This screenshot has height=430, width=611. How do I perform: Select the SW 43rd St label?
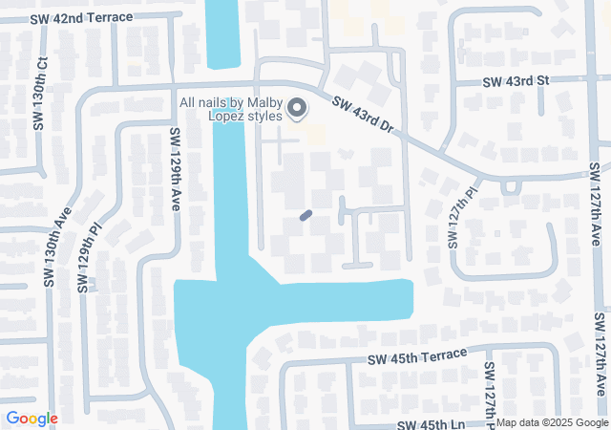point(516,82)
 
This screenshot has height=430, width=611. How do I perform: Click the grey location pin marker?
point(297,108)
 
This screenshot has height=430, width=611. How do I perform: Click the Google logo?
point(32,419)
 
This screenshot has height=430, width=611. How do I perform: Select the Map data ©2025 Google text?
point(551,422)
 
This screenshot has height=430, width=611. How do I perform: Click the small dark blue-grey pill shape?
point(305,216)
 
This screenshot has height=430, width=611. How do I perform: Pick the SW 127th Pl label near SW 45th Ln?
point(490,392)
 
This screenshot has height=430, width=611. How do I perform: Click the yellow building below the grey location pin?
point(313,131)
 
